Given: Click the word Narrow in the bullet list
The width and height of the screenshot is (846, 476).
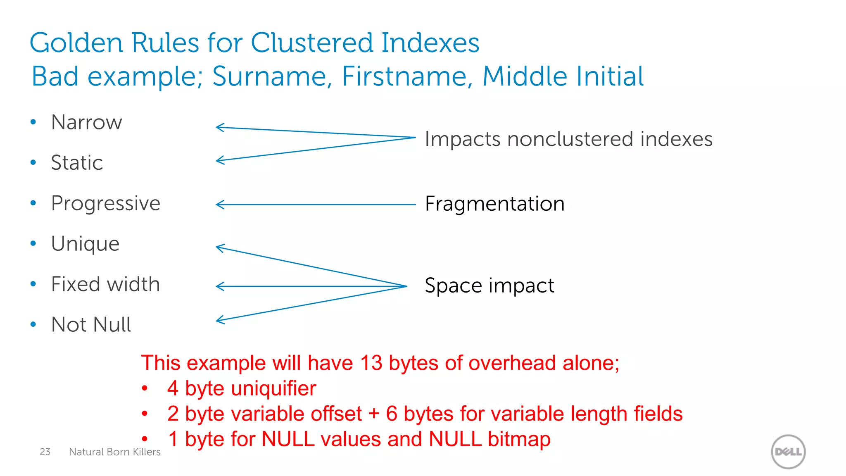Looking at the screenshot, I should tap(86, 123).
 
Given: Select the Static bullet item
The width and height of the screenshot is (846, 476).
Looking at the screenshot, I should tap(77, 163).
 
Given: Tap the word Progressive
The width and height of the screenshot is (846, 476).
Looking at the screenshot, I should tap(105, 204).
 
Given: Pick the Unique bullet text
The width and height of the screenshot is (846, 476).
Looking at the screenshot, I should tap(85, 244).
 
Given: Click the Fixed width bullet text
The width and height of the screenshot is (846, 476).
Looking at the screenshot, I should tap(105, 285).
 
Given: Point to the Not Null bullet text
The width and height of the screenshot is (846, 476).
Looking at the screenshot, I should tap(91, 325).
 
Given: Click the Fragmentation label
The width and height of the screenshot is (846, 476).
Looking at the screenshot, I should tap(494, 204).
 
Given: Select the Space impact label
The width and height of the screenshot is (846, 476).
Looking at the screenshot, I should tap(489, 286).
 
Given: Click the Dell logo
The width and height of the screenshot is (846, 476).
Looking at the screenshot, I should tap(788, 452).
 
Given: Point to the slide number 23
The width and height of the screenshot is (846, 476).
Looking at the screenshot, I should tap(45, 452).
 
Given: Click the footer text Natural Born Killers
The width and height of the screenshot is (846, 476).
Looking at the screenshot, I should tap(114, 452).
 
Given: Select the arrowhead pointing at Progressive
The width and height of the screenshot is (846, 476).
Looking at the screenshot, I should tap(219, 204).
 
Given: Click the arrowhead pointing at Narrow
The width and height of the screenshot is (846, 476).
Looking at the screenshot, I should tap(219, 127).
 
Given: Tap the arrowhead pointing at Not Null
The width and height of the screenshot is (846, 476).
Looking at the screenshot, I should tap(219, 320).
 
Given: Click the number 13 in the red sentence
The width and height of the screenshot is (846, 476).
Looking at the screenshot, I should tap(371, 363).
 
